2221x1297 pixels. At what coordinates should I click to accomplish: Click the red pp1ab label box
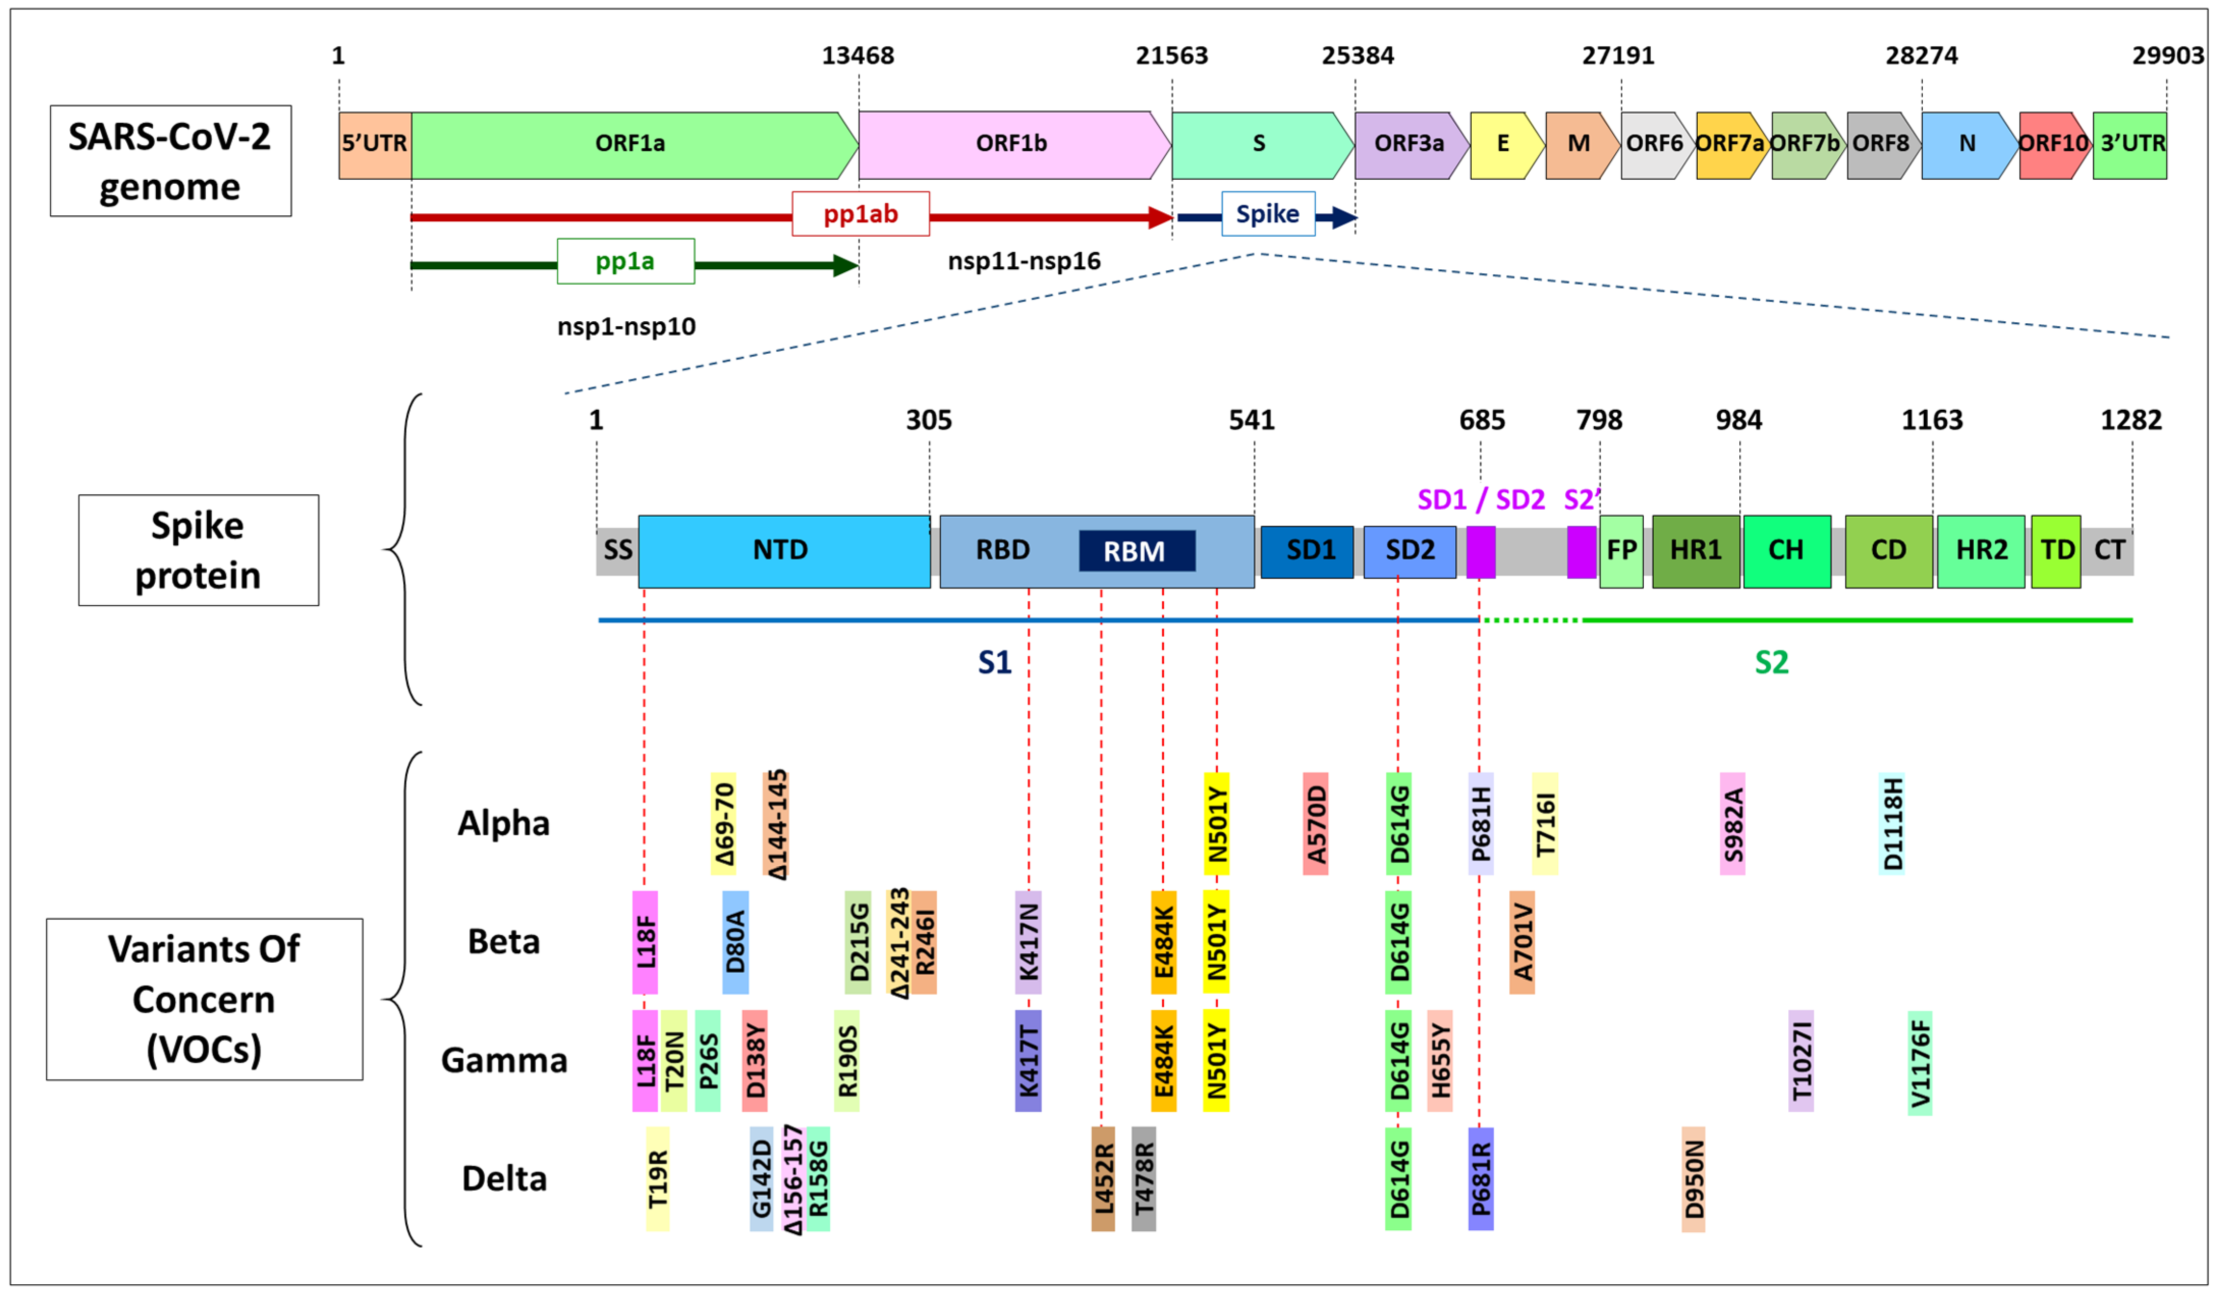pos(860,214)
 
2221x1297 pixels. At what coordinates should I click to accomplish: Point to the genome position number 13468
pos(858,55)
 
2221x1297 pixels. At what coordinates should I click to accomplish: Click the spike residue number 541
pos(1252,420)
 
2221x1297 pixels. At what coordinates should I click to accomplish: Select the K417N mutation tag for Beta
pos(1028,942)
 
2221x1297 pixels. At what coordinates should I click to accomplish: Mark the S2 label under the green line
pos(1772,663)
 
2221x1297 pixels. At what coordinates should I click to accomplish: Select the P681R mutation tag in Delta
pos(1481,1179)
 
